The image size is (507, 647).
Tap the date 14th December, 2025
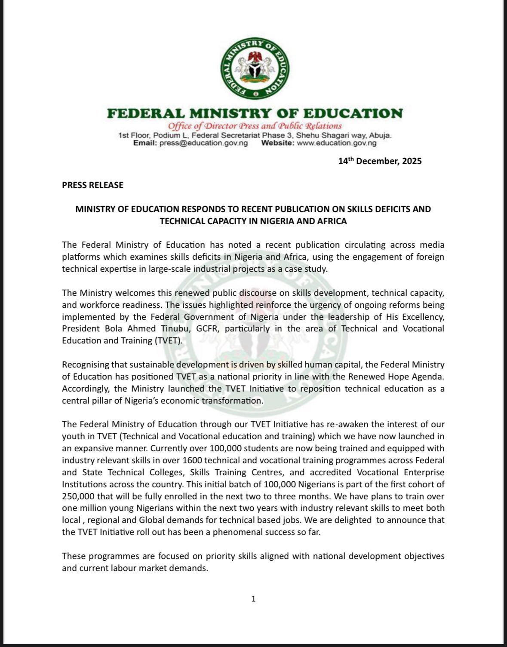(x=380, y=161)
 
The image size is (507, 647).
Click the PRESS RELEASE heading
(x=92, y=185)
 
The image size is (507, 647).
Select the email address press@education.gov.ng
(x=203, y=143)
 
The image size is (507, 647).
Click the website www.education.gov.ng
(x=336, y=143)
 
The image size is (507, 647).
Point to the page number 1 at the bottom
(x=253, y=598)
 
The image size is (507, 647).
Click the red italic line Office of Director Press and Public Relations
(x=255, y=126)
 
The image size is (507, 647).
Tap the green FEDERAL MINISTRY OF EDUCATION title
(x=255, y=113)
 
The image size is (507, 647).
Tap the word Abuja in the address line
(x=380, y=135)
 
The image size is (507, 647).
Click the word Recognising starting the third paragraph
(x=85, y=365)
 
